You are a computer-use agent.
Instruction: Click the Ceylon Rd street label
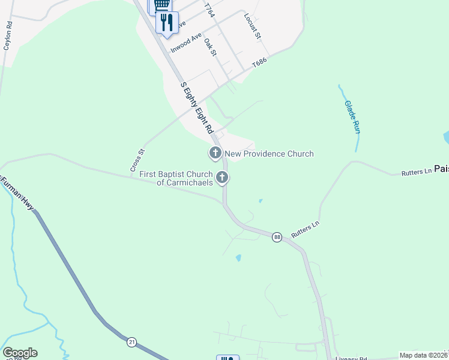(8, 35)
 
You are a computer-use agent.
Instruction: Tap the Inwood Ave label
(185, 43)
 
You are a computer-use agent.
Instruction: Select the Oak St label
(209, 48)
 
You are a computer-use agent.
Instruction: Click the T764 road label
(209, 10)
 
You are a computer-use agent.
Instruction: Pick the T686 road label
(259, 62)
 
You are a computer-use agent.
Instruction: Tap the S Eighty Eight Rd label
(197, 108)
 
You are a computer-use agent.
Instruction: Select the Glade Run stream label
(352, 116)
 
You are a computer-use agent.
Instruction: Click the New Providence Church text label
(269, 154)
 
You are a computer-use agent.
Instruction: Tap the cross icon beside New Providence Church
(215, 154)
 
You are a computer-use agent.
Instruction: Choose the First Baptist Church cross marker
(222, 177)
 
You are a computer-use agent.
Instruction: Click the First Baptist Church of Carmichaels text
(176, 178)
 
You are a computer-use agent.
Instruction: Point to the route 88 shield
(277, 237)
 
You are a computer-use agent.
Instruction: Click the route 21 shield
(131, 342)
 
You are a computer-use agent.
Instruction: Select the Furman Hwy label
(15, 192)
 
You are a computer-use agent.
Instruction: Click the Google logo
(20, 353)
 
